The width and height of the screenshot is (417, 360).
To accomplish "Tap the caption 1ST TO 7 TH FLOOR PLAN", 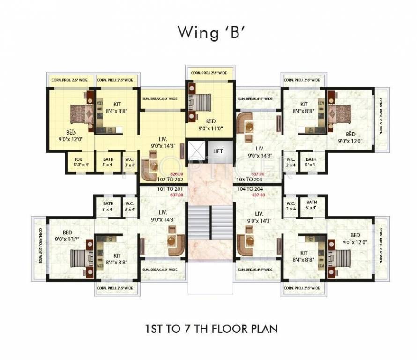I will (211, 329).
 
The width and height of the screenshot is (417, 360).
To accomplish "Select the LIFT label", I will (218, 151).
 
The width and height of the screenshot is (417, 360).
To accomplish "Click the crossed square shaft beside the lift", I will (196, 151).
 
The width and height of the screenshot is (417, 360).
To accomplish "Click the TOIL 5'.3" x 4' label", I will (79, 162).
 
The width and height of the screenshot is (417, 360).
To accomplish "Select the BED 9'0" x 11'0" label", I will (210, 124).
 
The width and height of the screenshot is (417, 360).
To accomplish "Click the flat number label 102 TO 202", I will (157, 180).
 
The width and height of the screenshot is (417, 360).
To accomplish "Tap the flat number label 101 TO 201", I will (157, 189).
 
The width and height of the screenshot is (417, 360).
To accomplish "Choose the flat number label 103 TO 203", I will (249, 180).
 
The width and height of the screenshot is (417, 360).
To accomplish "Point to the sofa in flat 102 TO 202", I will (150, 169).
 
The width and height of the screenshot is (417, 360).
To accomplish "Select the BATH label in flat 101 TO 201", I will (108, 206).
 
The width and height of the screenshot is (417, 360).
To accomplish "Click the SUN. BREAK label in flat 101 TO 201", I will (160, 270).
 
